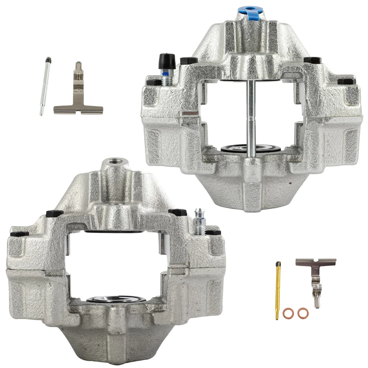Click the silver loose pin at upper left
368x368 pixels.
tap(45, 86)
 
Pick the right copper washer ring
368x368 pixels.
tap(302, 313)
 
